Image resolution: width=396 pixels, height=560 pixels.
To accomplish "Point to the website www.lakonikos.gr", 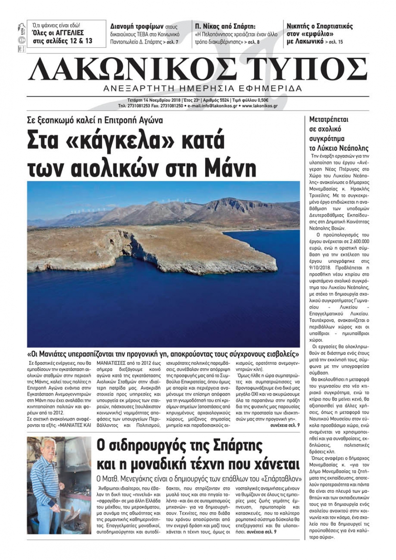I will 260,106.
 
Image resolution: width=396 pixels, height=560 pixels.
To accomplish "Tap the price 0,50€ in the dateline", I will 261,100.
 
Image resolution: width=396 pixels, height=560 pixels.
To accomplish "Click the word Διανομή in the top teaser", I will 124,26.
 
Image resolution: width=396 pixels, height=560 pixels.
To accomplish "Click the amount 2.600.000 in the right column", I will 357,241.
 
